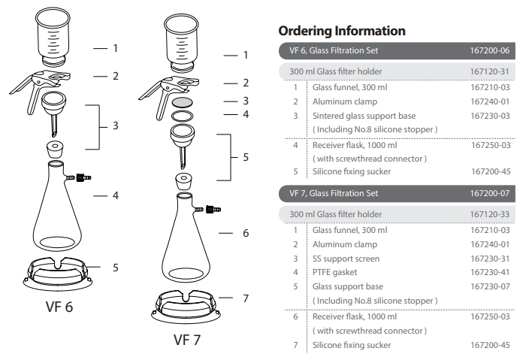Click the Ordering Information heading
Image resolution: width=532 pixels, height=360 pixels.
[x=342, y=31]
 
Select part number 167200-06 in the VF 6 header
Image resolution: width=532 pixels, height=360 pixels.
[x=490, y=50]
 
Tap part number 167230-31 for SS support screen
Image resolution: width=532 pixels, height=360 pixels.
[x=490, y=259]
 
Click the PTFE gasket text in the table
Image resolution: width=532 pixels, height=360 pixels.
[x=334, y=272]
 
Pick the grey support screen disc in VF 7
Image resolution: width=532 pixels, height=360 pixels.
[x=182, y=102]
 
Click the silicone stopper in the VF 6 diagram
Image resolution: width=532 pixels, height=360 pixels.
[x=55, y=150]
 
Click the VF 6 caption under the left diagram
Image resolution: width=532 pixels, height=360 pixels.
[x=59, y=307]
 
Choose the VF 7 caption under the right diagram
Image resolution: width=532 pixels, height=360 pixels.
[x=187, y=340]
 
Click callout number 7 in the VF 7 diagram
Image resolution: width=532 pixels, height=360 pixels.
[x=246, y=298]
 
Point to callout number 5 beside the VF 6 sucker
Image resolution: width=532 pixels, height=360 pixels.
[x=116, y=268]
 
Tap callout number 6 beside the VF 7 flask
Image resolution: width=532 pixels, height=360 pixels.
[x=246, y=233]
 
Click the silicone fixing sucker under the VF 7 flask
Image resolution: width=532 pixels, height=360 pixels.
[x=186, y=307]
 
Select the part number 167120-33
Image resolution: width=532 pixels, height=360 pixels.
[x=490, y=214]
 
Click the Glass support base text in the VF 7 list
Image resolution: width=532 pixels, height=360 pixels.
[x=348, y=286]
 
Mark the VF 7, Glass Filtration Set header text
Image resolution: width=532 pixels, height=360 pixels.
[x=334, y=193]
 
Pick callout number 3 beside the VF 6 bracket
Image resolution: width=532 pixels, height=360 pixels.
[x=116, y=126]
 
